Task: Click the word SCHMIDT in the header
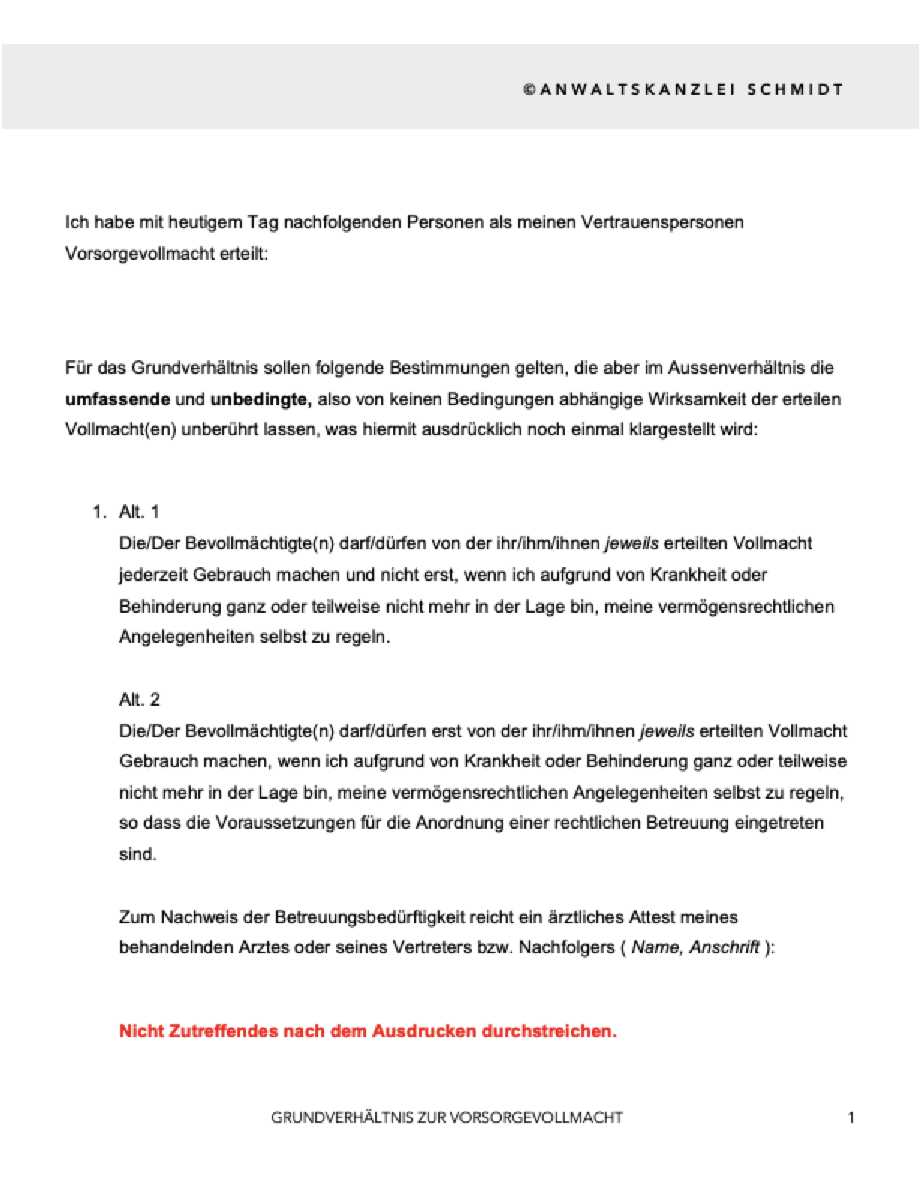[796, 89]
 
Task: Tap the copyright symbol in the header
[529, 89]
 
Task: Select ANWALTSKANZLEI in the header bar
[637, 89]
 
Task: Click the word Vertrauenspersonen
[662, 222]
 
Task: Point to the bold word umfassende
[117, 399]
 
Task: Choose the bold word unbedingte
[260, 399]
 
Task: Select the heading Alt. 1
[139, 512]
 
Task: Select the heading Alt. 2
[139, 700]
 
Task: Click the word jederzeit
[153, 575]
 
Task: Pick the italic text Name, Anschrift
[695, 948]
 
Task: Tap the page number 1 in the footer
[851, 1118]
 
